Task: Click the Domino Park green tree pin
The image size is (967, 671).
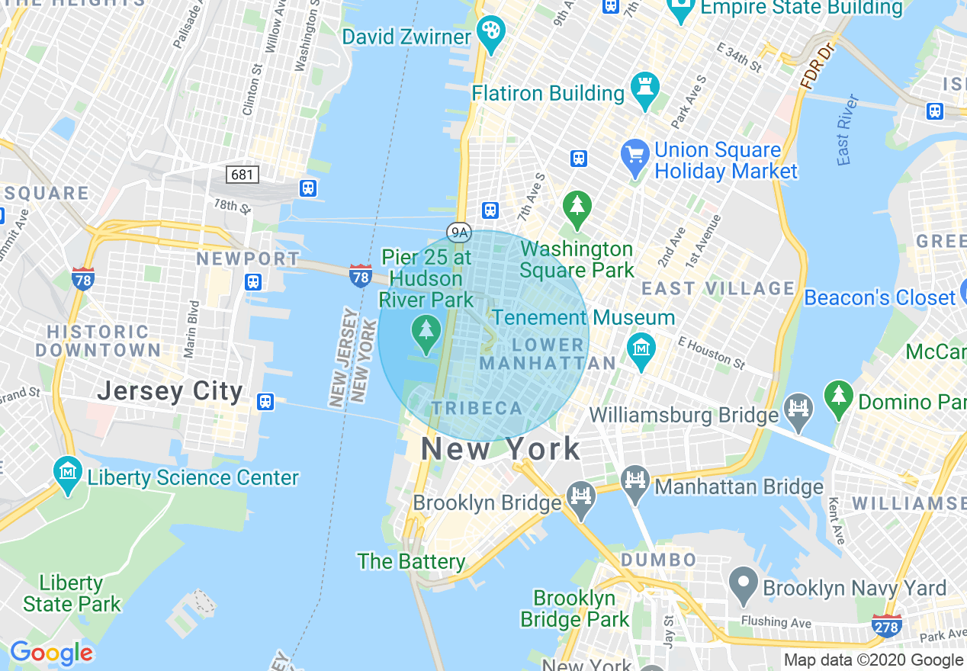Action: coord(839,397)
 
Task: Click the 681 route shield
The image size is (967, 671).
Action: coord(243,175)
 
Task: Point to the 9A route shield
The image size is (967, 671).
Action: coord(458,233)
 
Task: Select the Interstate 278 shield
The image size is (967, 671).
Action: coord(886,625)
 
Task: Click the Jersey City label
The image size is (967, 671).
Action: coord(170,392)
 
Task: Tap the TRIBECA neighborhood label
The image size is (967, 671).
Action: coord(477,408)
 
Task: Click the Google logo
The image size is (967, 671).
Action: coord(51,653)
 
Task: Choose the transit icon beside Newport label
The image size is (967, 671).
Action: coord(254,282)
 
